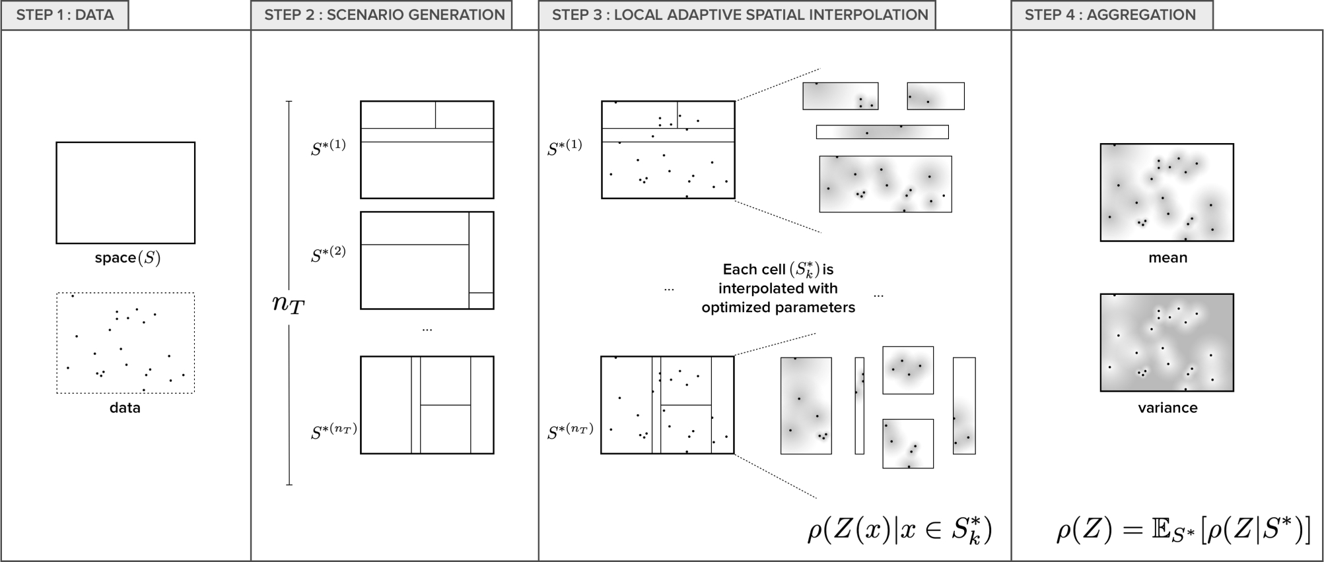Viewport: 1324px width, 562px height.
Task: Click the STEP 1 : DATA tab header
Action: point(65,15)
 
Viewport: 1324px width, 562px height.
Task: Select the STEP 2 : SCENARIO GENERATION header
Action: point(384,15)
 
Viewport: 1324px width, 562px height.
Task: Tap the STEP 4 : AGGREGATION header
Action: point(1110,15)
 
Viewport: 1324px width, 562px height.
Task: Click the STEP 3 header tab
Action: point(739,15)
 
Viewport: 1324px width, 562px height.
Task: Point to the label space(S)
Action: point(127,258)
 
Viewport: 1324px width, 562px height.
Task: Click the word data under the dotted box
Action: point(125,408)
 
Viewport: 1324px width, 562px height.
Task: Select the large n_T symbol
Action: point(288,303)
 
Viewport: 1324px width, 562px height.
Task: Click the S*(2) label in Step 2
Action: point(328,254)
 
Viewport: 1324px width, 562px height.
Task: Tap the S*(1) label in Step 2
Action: point(328,146)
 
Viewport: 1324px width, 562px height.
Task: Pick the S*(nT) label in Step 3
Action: point(571,432)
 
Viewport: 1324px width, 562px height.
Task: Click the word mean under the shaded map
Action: point(1167,258)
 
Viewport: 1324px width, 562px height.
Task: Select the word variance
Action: point(1167,408)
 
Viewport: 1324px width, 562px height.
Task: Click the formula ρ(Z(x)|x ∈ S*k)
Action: point(899,530)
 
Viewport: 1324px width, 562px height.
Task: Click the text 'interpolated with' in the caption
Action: point(778,288)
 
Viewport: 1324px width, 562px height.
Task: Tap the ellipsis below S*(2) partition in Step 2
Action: point(427,328)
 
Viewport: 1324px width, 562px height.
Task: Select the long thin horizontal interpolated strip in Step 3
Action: point(882,132)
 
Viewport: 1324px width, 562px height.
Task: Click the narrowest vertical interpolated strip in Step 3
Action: point(859,406)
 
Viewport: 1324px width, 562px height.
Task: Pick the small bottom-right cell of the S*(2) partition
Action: point(481,301)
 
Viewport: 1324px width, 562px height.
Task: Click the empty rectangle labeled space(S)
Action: point(125,193)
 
